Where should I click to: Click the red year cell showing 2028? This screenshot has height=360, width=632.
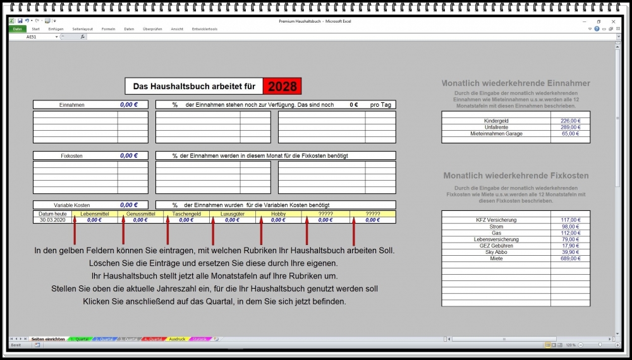tap(282, 86)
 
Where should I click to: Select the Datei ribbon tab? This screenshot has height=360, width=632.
tap(17, 29)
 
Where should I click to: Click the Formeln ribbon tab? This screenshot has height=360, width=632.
tap(108, 29)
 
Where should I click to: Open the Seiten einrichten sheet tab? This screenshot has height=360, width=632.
tap(47, 339)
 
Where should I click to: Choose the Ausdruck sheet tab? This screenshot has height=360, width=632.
tap(177, 339)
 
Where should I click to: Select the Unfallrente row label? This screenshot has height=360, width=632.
tap(496, 127)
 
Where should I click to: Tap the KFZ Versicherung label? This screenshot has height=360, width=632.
tap(496, 220)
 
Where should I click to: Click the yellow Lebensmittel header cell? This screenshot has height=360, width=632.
tap(94, 214)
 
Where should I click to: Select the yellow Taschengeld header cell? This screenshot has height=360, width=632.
tap(186, 214)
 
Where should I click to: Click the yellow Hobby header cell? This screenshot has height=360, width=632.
tap(278, 214)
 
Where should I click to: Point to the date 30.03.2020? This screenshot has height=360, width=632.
tap(52, 220)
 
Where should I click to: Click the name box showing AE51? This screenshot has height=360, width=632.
tap(32, 37)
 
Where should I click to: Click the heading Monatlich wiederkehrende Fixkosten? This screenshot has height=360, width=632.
tap(516, 176)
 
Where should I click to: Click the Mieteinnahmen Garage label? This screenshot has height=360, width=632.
tap(496, 134)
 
